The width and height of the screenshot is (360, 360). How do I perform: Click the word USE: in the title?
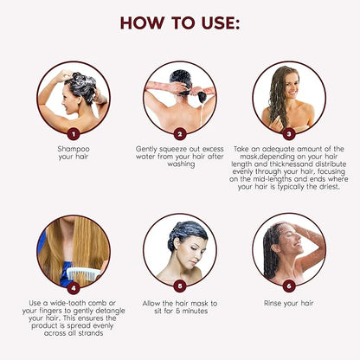(221, 22)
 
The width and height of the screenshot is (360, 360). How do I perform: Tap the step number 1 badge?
(74, 134)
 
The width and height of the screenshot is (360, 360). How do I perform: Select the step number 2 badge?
(180, 134)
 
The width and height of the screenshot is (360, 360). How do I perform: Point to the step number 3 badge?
(289, 133)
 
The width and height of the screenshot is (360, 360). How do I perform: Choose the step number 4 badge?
(74, 287)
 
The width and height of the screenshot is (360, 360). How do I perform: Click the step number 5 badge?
(180, 286)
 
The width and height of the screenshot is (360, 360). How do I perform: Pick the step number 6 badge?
(289, 286)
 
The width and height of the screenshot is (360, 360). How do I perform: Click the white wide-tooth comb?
(84, 273)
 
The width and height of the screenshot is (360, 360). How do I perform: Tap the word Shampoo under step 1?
(74, 149)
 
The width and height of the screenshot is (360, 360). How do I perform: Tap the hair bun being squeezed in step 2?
(202, 97)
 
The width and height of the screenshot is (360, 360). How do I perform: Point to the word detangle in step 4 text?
(110, 311)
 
